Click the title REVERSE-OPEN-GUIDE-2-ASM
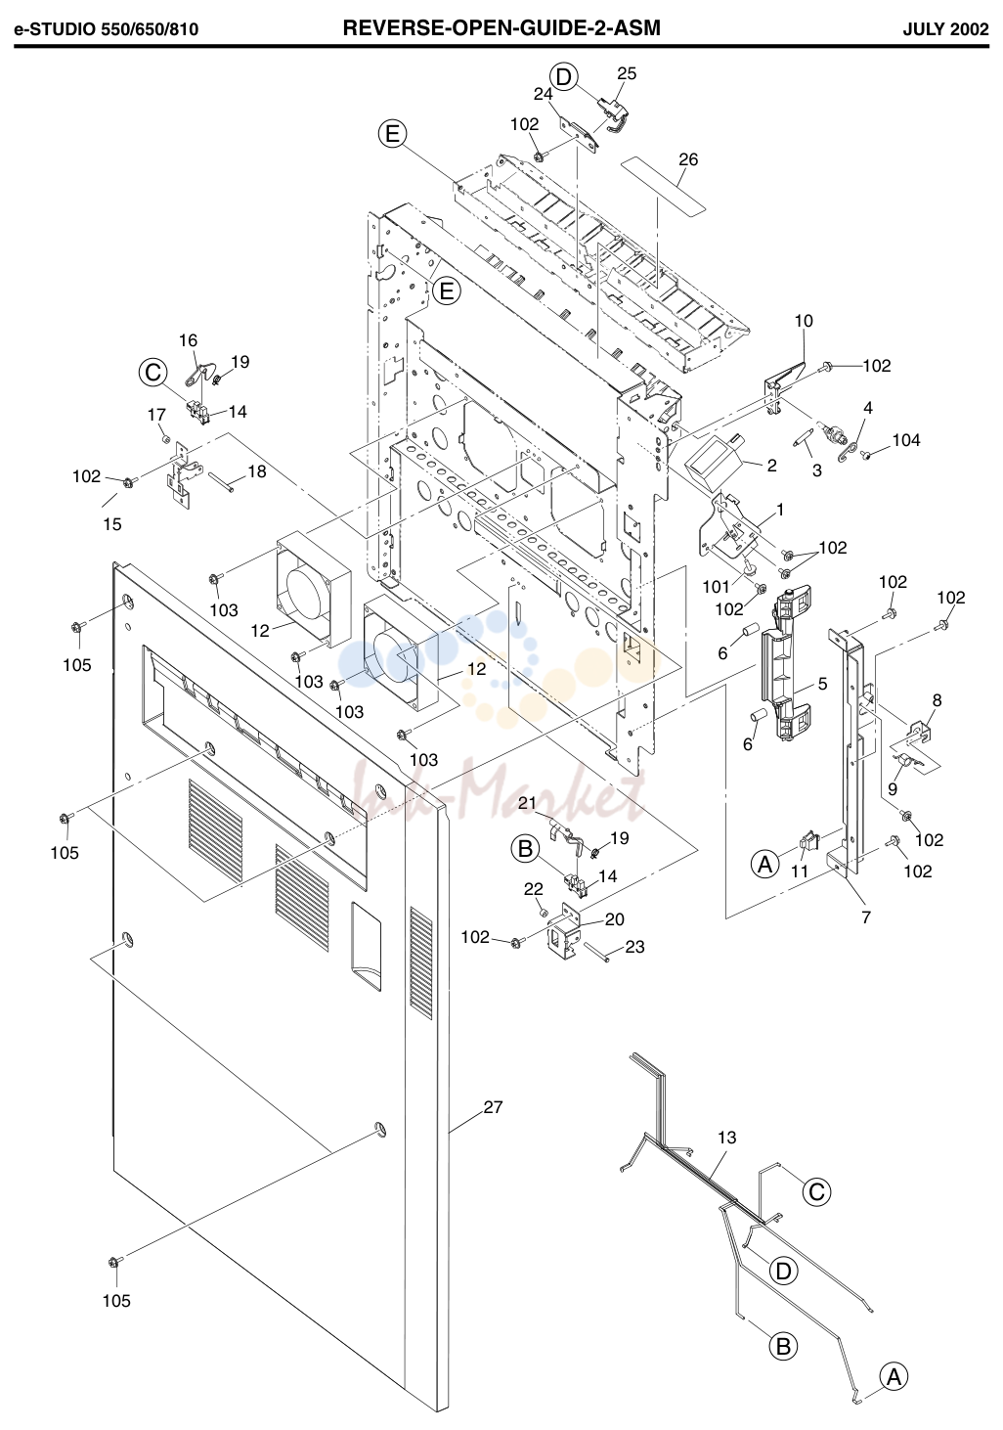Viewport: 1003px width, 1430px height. tap(501, 27)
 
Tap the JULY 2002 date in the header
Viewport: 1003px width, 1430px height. tap(945, 29)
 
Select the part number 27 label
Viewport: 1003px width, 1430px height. tap(494, 1106)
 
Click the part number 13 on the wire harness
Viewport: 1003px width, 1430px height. tap(726, 1137)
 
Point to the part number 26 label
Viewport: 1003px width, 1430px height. tap(688, 159)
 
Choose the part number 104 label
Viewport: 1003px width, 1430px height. tap(906, 440)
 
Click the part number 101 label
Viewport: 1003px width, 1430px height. tap(716, 586)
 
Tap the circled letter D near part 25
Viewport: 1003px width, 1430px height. tap(563, 77)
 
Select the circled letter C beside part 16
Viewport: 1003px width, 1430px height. tap(153, 373)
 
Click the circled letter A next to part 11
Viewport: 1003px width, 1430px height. tap(764, 865)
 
